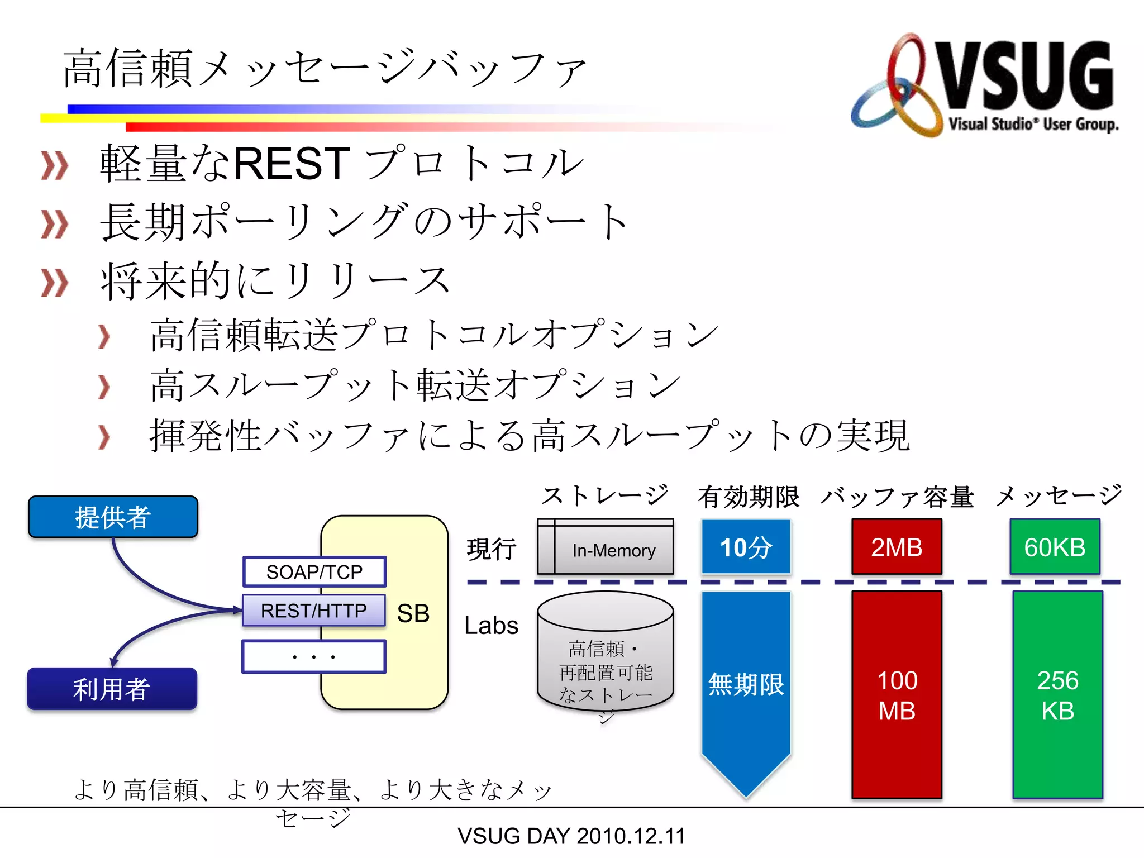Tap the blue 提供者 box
point(113,517)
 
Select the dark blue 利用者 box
point(112,689)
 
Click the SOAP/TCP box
point(314,572)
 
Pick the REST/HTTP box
point(313,611)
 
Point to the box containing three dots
point(313,657)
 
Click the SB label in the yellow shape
point(413,613)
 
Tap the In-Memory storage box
point(606,547)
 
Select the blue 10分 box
point(746,547)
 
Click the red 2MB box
point(897,547)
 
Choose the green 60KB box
point(1055,547)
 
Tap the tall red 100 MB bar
point(897,695)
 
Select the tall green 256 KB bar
point(1057,695)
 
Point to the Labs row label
point(491,626)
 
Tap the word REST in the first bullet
point(291,163)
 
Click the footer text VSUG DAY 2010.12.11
point(571,836)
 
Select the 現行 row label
point(492,549)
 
